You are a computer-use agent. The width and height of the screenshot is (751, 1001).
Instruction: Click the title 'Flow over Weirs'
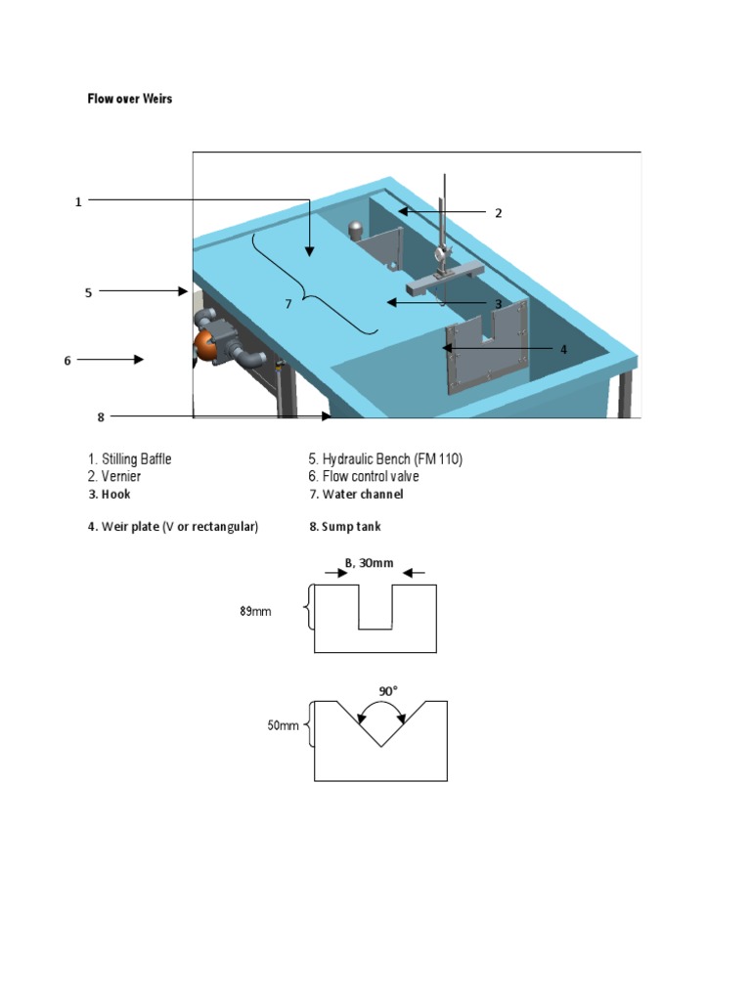(130, 99)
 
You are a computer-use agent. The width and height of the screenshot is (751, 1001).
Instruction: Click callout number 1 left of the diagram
(78, 201)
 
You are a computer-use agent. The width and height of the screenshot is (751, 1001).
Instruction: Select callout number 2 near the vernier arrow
(498, 212)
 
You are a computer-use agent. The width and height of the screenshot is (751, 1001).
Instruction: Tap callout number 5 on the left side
(88, 291)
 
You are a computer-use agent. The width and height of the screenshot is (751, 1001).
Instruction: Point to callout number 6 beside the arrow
(67, 360)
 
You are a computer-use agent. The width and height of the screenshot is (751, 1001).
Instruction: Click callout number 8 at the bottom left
(100, 417)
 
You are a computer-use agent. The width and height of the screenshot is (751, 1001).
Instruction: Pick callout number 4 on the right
(562, 348)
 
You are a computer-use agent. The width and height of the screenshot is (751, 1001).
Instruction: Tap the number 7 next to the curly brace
(288, 304)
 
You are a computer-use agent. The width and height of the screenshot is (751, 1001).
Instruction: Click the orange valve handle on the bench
(205, 345)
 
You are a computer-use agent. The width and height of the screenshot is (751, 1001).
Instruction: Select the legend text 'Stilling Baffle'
(136, 458)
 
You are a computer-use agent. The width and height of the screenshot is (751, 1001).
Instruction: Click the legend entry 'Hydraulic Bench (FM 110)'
(392, 458)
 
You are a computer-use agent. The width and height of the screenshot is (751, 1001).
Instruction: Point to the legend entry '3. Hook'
(109, 495)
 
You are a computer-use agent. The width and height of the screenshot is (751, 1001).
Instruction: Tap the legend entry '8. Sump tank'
(345, 527)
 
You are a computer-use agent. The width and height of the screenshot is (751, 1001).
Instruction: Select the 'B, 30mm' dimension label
(369, 561)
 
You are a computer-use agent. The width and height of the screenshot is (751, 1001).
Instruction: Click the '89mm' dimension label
(255, 612)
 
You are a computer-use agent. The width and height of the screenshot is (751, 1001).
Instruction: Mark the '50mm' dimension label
(283, 726)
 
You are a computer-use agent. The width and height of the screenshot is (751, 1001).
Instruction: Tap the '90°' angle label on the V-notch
(388, 691)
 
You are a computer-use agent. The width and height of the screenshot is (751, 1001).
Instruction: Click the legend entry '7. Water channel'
(356, 495)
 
